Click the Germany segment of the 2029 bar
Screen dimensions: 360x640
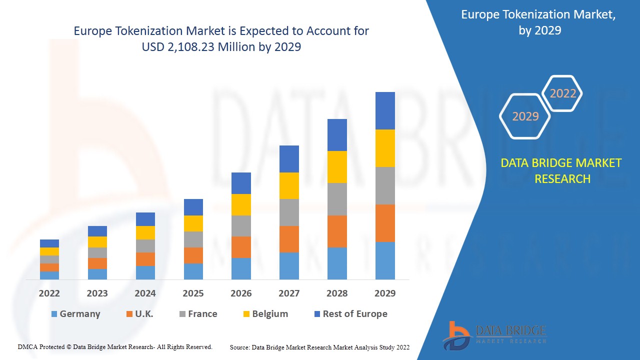point(385,260)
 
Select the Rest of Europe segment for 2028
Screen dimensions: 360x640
point(337,135)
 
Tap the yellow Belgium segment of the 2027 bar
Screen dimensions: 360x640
point(289,185)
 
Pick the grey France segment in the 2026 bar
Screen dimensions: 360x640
point(241,226)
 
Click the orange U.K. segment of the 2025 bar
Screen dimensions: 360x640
point(193,255)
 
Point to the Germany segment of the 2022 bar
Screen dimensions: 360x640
point(49,275)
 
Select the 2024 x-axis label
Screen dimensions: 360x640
point(145,293)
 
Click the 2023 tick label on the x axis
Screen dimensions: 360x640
point(97,293)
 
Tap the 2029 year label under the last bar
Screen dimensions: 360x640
point(385,293)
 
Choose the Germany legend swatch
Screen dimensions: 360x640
point(54,314)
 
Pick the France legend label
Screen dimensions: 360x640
point(202,314)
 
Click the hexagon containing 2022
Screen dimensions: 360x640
point(562,93)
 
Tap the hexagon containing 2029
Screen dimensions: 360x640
point(525,116)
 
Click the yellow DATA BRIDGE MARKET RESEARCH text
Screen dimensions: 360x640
point(562,170)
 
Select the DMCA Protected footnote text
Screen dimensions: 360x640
point(115,346)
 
